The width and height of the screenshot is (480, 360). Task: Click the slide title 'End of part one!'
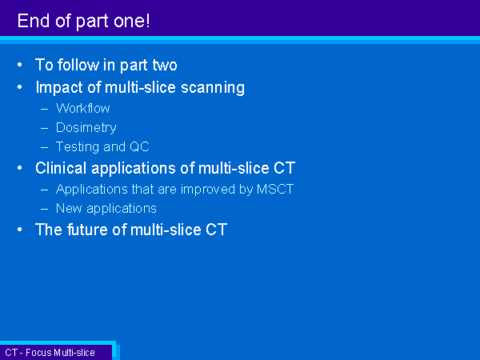(83, 21)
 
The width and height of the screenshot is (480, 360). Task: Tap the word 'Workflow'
(82, 108)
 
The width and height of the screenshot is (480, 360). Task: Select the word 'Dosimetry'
(86, 128)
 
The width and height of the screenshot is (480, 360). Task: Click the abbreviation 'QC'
(139, 146)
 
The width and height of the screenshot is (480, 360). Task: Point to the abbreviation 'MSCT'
(275, 189)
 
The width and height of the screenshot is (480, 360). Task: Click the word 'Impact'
(59, 88)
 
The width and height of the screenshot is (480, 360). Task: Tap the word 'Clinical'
(61, 168)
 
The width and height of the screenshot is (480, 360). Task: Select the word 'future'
(87, 230)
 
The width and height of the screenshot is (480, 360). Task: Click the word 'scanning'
(213, 88)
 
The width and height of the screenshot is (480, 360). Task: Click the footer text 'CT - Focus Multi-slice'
(50, 352)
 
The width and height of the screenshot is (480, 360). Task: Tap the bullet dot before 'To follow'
(20, 65)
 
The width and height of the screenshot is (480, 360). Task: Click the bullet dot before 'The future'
(20, 230)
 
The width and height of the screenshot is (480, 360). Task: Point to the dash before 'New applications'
(44, 209)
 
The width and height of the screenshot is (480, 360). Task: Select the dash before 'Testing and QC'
(44, 147)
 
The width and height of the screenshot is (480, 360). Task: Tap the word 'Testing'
(78, 147)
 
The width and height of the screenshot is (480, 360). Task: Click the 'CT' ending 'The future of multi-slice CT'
(217, 230)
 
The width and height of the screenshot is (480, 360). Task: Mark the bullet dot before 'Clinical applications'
(20, 168)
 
